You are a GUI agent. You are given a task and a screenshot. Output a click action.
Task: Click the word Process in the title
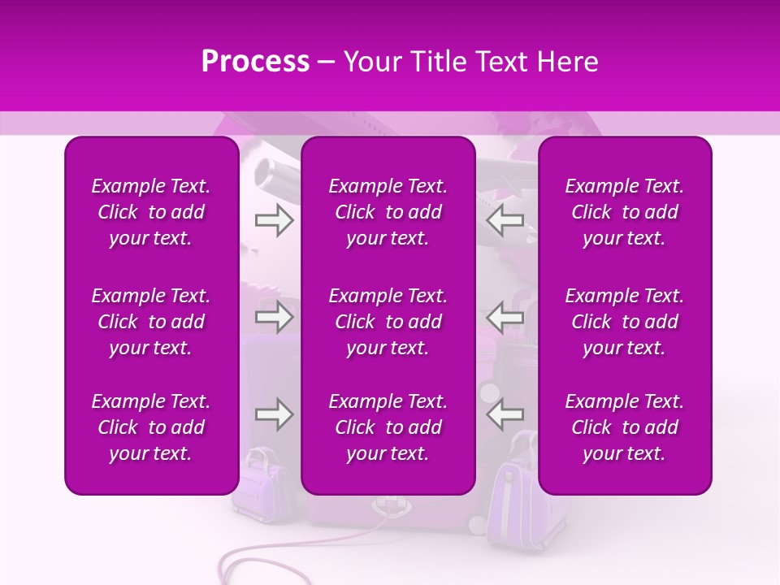point(255,62)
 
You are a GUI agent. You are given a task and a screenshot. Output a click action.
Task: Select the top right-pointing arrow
point(274,220)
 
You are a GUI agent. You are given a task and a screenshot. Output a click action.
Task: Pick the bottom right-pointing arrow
point(274,414)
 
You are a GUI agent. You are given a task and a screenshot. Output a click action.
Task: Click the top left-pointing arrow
point(505,220)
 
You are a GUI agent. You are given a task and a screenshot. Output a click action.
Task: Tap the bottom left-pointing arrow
point(505,414)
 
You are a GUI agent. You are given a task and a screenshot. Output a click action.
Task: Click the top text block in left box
point(151,212)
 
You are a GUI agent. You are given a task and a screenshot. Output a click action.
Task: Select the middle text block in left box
point(151,322)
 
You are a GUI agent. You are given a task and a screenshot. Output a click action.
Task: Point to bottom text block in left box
point(151,427)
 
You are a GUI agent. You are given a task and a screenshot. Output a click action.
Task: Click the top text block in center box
point(388,212)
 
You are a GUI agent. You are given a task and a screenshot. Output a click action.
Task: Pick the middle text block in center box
point(388,322)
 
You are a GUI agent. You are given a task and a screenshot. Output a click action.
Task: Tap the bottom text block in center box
point(388,427)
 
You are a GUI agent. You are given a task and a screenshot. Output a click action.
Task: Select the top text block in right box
point(624,212)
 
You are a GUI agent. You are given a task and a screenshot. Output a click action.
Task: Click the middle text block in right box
point(624,322)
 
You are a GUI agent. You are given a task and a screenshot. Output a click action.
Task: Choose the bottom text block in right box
point(624,427)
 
